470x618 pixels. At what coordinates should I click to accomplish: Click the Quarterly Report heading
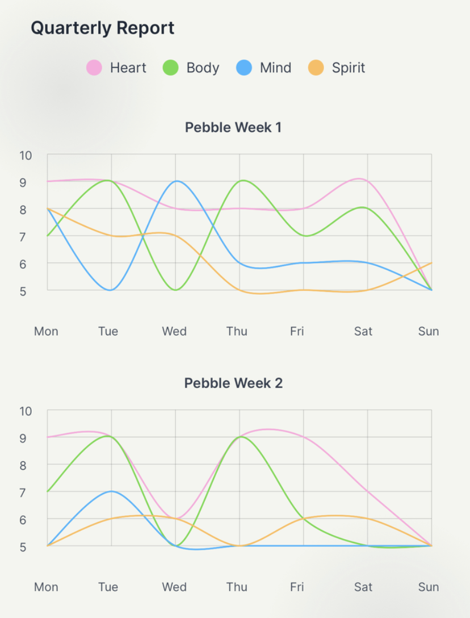(x=102, y=28)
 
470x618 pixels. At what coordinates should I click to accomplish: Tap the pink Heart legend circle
(x=94, y=68)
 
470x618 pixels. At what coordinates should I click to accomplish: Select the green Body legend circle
(x=170, y=68)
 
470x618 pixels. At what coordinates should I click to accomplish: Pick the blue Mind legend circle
(x=244, y=68)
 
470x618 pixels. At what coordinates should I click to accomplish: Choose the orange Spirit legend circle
(x=316, y=68)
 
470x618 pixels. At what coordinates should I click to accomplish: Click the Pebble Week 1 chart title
(x=233, y=127)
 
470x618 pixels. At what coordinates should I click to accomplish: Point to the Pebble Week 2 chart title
(x=233, y=383)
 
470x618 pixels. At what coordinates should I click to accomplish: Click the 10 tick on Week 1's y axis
(x=26, y=155)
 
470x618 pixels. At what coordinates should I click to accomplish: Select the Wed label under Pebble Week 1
(x=174, y=331)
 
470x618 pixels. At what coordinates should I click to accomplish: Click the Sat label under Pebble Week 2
(x=363, y=587)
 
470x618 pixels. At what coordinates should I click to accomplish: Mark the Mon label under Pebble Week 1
(x=46, y=331)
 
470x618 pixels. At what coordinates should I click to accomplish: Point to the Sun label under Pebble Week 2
(x=429, y=587)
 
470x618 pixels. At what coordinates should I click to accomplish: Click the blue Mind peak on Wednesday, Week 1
(x=175, y=181)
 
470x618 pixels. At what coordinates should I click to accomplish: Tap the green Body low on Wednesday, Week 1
(x=175, y=290)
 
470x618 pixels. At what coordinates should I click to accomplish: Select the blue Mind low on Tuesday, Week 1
(x=111, y=290)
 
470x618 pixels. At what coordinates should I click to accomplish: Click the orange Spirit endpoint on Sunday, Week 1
(x=431, y=263)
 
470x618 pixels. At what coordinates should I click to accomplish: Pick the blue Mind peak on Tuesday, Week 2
(x=111, y=491)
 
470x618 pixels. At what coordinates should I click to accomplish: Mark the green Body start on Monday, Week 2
(x=48, y=491)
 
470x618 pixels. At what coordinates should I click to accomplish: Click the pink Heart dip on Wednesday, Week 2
(x=175, y=519)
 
